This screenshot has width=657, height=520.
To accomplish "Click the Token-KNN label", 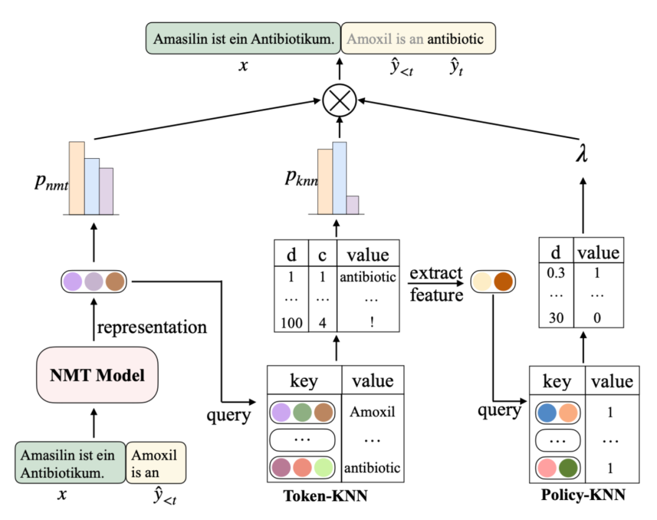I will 325,496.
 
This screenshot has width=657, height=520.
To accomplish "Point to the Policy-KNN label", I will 582,496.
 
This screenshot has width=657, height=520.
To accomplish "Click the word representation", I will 151,327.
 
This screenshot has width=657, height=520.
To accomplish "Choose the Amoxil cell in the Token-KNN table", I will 372,412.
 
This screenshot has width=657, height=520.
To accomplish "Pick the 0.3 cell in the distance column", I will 556,273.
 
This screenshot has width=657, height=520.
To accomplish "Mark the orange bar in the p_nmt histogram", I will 77,178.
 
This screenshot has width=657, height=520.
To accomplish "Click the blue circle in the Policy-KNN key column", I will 547,412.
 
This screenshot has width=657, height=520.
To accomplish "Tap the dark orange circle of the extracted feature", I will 503,281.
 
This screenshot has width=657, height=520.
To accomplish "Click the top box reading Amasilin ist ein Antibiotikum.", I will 243,39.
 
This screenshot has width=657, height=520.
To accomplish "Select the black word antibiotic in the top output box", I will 455,40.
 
